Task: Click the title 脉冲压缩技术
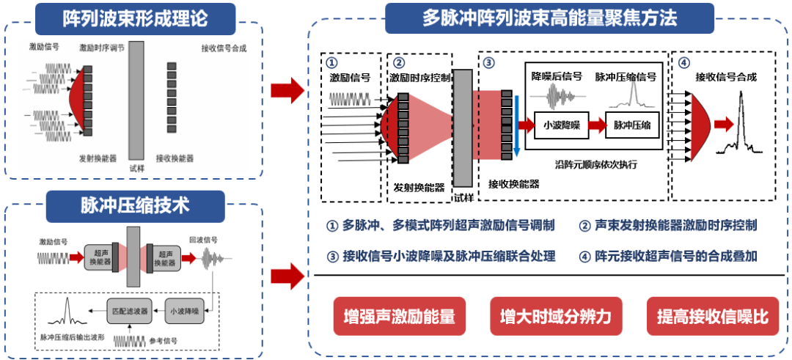click(x=135, y=205)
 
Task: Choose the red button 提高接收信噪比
click(x=712, y=317)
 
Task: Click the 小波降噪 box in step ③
click(x=562, y=125)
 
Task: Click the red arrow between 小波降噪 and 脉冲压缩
click(x=598, y=125)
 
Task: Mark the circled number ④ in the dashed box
click(x=684, y=62)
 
